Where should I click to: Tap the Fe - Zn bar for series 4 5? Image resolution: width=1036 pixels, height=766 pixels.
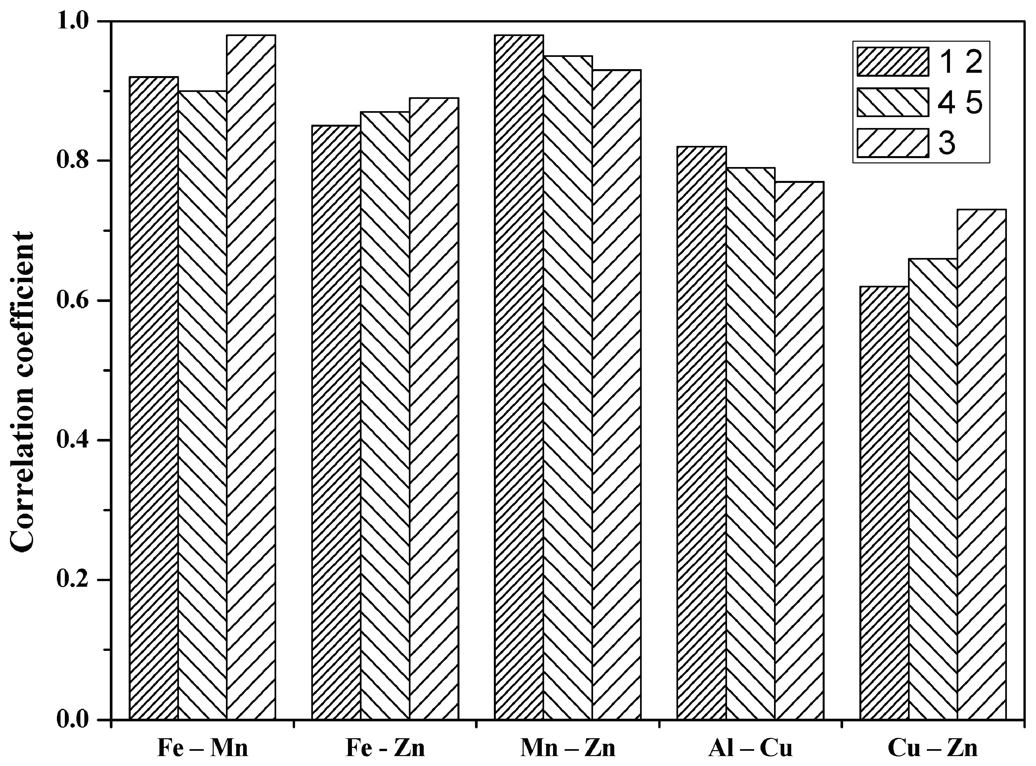coord(385,415)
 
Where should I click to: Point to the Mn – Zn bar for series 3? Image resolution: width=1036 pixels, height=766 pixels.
coord(616,394)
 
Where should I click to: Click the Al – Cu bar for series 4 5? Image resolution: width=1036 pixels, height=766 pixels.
coord(750,443)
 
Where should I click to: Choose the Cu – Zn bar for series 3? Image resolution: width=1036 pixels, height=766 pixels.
coord(982,464)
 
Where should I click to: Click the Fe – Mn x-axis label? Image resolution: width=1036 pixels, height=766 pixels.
coord(203,749)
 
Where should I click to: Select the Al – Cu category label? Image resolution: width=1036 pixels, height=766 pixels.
coord(750,749)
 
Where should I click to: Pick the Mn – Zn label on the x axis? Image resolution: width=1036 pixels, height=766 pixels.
coord(568,749)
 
